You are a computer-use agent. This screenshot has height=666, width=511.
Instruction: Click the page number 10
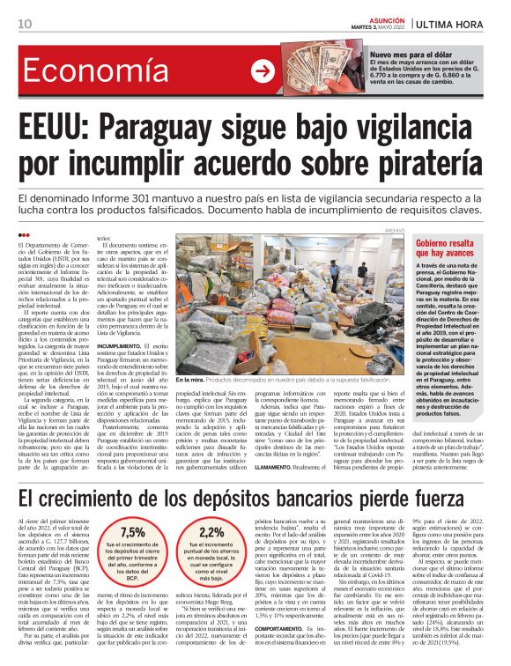(24, 23)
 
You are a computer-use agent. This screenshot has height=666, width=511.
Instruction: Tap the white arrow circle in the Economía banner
(263, 72)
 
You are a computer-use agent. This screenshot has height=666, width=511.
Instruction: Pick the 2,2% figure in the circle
(212, 533)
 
